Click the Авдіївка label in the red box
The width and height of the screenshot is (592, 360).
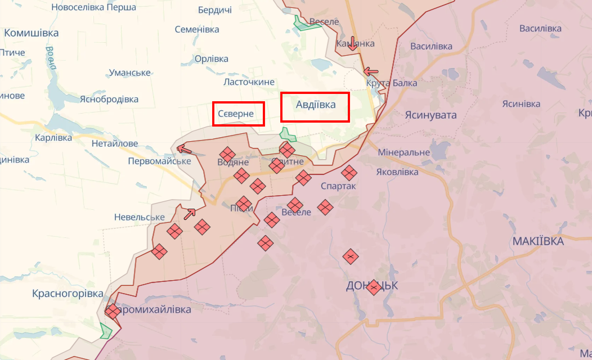316,105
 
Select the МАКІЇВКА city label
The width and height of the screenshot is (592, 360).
538,241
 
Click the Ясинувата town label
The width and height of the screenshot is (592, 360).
430,115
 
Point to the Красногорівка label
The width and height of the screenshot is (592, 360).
68,294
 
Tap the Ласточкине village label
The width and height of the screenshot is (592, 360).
249,82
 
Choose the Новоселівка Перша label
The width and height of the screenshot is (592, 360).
93,7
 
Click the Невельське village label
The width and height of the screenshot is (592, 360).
139,217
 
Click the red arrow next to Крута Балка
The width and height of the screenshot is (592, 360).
371,71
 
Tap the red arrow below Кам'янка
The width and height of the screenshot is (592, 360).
352,43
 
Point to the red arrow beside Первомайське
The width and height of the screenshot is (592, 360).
184,149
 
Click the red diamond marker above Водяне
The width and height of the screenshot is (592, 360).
227,154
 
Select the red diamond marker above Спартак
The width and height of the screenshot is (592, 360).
349,172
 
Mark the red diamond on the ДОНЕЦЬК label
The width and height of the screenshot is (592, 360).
373,287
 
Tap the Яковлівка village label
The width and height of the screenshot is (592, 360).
397,172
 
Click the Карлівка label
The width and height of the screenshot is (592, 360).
53,138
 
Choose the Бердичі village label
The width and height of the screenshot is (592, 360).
214,10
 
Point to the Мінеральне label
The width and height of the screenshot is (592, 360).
403,152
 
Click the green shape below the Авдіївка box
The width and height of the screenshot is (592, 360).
288,134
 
